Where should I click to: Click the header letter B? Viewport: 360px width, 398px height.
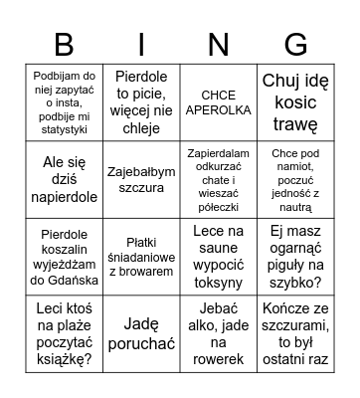click(64, 45)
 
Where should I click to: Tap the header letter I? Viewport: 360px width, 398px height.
click(141, 45)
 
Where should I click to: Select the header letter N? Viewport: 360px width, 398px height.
click(218, 45)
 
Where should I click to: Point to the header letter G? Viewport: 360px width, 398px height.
click(295, 45)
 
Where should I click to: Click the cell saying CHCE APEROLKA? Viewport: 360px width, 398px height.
click(219, 103)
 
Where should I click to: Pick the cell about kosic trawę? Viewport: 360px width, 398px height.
click(295, 103)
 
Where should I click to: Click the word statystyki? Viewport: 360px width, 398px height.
click(64, 129)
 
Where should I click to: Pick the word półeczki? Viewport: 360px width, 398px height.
click(219, 205)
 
